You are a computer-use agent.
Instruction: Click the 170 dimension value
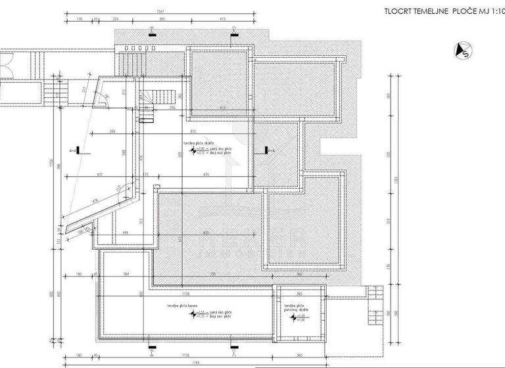tap(80, 20)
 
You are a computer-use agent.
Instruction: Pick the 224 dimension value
tap(115, 20)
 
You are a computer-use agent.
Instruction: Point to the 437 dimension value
tap(99, 174)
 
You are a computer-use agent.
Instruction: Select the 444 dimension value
tap(125, 232)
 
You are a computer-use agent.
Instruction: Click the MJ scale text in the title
tap(484, 11)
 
